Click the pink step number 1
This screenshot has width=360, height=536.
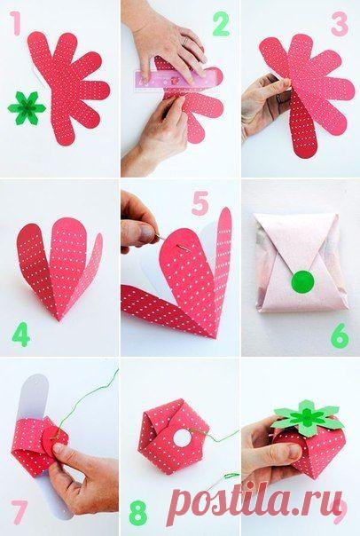(x=15, y=23)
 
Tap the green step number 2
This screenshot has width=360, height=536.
(x=221, y=24)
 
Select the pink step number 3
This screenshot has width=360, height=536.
(x=340, y=24)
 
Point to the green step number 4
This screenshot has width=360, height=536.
(x=21, y=334)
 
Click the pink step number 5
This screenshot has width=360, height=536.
(x=200, y=203)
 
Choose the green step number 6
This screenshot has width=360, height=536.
(x=340, y=335)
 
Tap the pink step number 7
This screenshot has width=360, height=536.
(x=20, y=512)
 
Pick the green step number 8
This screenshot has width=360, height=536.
(x=138, y=512)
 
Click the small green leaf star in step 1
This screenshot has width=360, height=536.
(x=27, y=108)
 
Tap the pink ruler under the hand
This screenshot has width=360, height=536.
(x=178, y=80)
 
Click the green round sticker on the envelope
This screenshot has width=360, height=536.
(x=302, y=281)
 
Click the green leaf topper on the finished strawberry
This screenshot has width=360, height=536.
(x=308, y=419)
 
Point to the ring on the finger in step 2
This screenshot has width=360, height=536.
(x=184, y=40)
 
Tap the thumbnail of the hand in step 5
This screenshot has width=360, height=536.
(x=148, y=233)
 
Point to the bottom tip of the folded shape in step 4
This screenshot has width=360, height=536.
(x=59, y=320)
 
